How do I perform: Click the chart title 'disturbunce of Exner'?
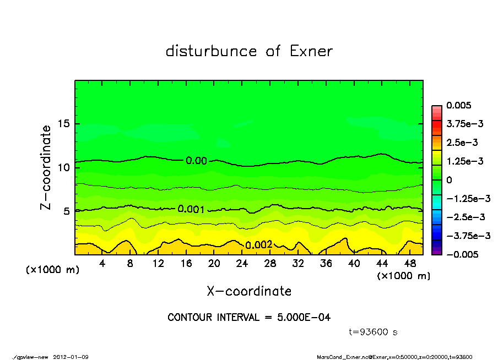pyautogui.click(x=249, y=52)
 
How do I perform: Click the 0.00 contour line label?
pyautogui.click(x=196, y=161)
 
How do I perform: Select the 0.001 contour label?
pyautogui.click(x=192, y=209)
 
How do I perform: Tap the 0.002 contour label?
pyautogui.click(x=258, y=245)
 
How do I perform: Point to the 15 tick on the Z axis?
pyautogui.click(x=63, y=124)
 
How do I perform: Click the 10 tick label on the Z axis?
pyautogui.click(x=63, y=167)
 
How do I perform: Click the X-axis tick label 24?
pyautogui.click(x=242, y=264)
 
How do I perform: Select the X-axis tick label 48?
pyautogui.click(x=410, y=264)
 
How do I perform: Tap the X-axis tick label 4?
pyautogui.click(x=102, y=264)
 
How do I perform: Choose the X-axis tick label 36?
pyautogui.click(x=326, y=264)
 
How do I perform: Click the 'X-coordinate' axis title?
pyautogui.click(x=249, y=291)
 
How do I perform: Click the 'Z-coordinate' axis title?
pyautogui.click(x=47, y=167)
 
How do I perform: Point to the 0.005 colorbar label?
pyautogui.click(x=459, y=105)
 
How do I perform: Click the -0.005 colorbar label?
pyautogui.click(x=462, y=254)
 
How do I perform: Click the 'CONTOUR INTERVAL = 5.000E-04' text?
pyautogui.click(x=249, y=318)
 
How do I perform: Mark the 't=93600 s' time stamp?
pyautogui.click(x=373, y=332)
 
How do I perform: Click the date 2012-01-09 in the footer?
pyautogui.click(x=71, y=357)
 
